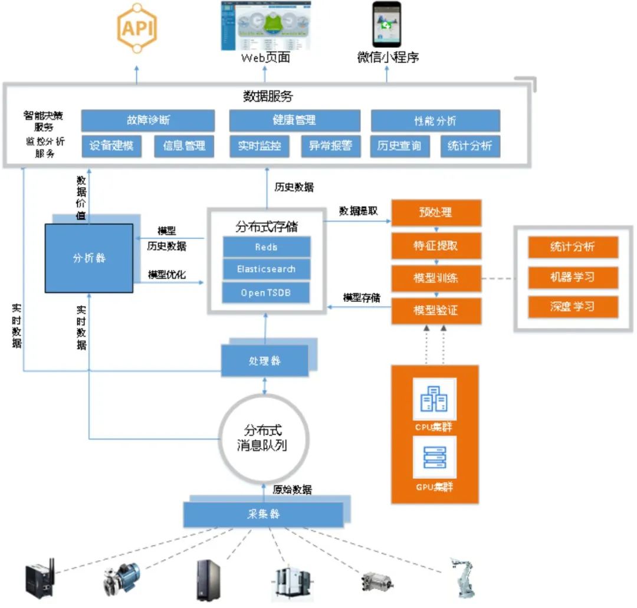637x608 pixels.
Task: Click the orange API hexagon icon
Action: coord(137,28)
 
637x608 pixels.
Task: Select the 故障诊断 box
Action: coord(147,120)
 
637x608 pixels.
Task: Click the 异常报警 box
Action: coord(330,146)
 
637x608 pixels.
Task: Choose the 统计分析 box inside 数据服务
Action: coord(469,146)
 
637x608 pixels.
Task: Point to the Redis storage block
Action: coord(266,247)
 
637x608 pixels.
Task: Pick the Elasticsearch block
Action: coord(266,270)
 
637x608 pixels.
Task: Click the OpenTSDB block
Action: coord(266,293)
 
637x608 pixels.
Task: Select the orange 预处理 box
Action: coord(436,212)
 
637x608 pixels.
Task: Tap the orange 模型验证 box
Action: coord(436,311)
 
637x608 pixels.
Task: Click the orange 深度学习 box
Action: coord(573,307)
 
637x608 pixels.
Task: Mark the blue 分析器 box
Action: coord(89,258)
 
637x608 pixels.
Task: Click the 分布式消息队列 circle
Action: coord(265,437)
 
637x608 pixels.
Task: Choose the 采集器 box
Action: coord(263,514)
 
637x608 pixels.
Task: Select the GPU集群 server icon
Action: coord(434,458)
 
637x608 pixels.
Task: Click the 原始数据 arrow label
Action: coord(292,489)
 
